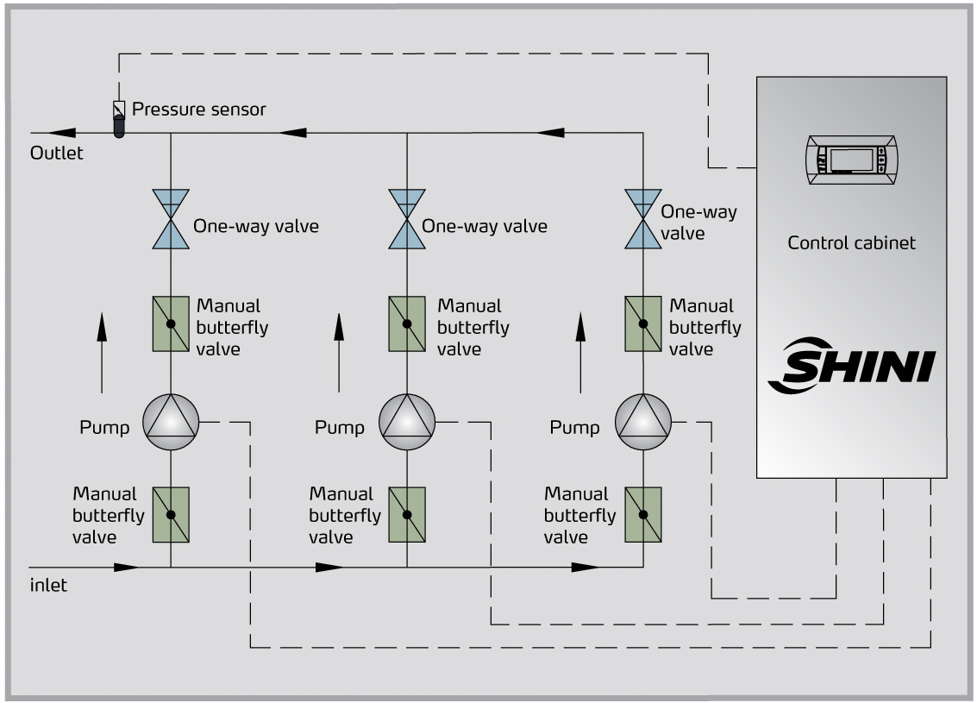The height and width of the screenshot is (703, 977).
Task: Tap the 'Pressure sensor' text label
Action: (199, 110)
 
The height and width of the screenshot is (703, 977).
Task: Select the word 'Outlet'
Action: (57, 154)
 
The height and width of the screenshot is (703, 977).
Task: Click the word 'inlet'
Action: (48, 585)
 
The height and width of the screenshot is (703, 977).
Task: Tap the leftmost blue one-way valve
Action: (171, 220)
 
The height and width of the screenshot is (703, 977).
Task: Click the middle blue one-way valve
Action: (407, 220)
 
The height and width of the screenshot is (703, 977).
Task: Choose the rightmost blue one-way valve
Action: (642, 220)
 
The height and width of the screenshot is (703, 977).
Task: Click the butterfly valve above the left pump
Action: (171, 323)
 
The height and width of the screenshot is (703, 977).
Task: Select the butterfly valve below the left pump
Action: (171, 515)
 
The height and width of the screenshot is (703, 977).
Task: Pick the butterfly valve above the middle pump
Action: (407, 323)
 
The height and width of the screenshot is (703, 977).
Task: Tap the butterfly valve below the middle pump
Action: (407, 515)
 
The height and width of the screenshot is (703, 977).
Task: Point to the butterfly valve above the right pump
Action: (642, 323)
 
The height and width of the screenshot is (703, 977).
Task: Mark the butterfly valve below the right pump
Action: (642, 515)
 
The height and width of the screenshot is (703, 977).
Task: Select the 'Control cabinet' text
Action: (851, 242)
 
